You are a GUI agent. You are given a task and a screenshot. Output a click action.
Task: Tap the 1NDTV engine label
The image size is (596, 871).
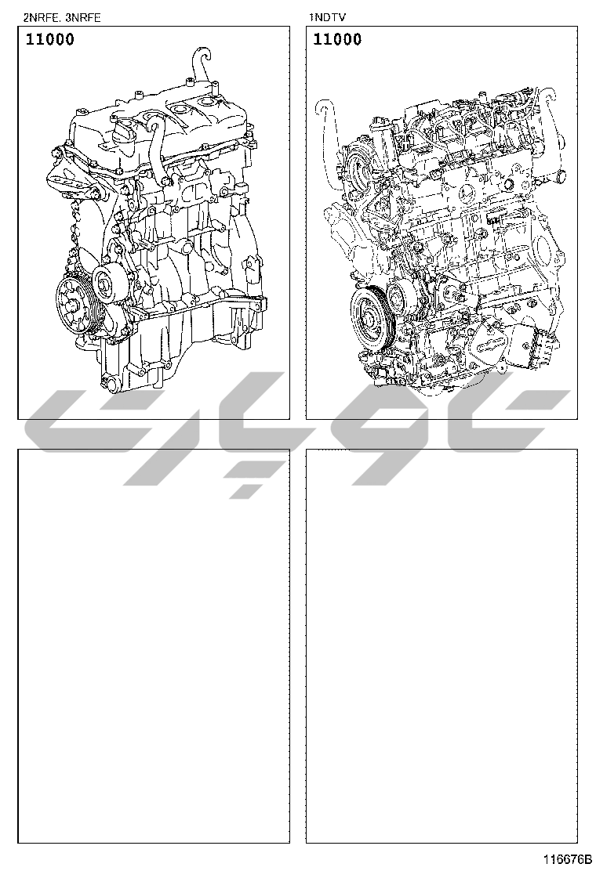[x=328, y=17]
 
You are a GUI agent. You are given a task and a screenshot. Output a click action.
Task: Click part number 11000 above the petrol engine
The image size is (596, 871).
[x=49, y=39]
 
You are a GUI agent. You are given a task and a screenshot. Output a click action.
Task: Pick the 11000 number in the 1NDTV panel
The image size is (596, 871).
[x=337, y=39]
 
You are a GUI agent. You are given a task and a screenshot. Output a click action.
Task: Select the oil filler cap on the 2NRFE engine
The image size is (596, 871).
[x=122, y=131]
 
